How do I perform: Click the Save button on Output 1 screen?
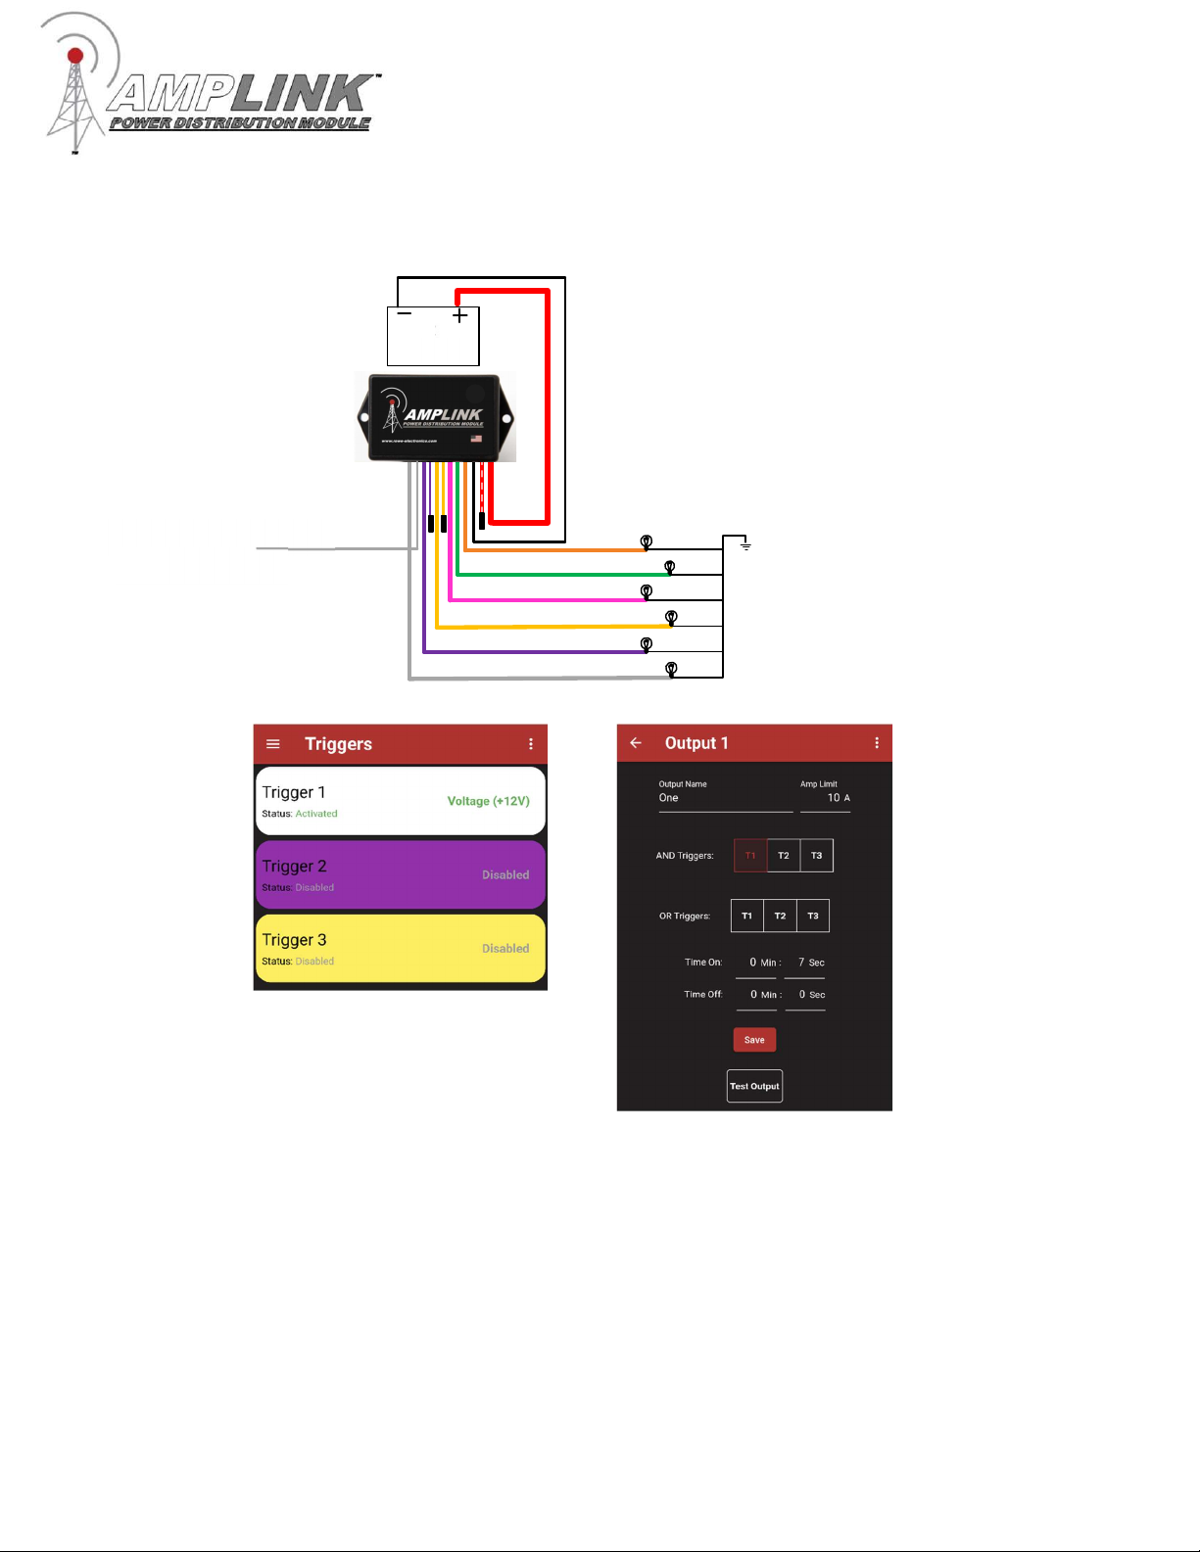[754, 1040]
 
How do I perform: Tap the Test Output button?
[754, 1086]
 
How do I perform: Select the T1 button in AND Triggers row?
[750, 856]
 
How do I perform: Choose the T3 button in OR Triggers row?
[813, 917]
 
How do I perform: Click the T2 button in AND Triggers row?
[784, 856]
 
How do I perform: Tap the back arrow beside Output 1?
[636, 743]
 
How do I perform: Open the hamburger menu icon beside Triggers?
[273, 744]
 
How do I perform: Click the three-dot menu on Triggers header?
[531, 744]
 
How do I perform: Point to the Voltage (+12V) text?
[488, 801]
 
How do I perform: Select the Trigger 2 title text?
[294, 867]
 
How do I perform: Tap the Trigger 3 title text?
[294, 940]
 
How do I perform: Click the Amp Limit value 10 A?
[838, 798]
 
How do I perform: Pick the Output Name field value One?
[669, 798]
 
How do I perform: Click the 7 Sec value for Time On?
[810, 963]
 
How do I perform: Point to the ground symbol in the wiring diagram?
[745, 544]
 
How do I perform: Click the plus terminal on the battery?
[460, 316]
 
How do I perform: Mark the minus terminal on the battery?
[405, 314]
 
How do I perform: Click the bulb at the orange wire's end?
[647, 541]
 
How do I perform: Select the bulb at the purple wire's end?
[647, 644]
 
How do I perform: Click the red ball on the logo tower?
[75, 56]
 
